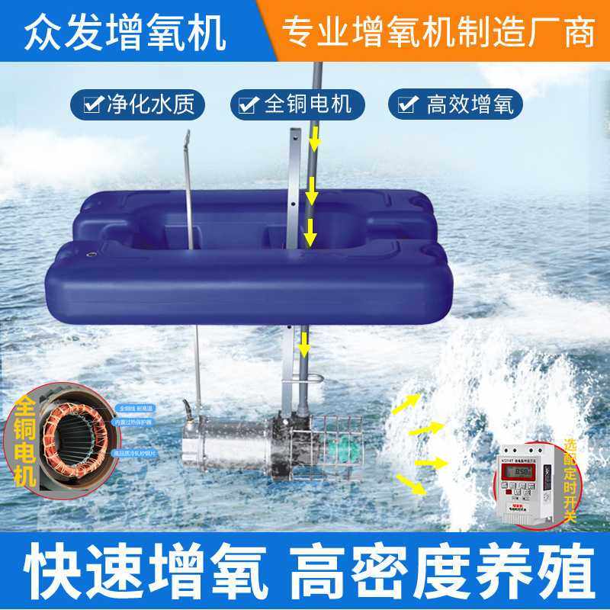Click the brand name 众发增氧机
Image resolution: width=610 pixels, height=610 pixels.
(x=126, y=32)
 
